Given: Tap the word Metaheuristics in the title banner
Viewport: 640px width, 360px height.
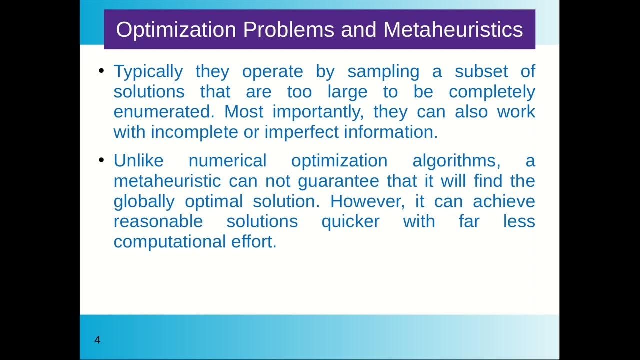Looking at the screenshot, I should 453,30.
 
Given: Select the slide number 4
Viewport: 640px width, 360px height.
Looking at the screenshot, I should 97,340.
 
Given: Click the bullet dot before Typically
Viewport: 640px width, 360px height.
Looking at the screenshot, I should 102,71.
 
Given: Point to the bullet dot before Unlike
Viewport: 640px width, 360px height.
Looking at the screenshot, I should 102,160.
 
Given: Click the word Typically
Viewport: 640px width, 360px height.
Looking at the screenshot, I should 148,72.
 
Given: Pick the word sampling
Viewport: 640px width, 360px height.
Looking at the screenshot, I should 383,72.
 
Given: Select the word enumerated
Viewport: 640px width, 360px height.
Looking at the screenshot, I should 163,112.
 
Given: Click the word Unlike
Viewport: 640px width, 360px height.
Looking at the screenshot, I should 138,161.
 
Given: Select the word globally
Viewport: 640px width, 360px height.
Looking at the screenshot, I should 144,201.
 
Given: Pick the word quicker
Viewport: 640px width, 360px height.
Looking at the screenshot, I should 350,221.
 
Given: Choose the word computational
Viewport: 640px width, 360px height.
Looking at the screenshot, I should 170,241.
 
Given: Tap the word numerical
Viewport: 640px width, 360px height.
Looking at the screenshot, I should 227,161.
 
